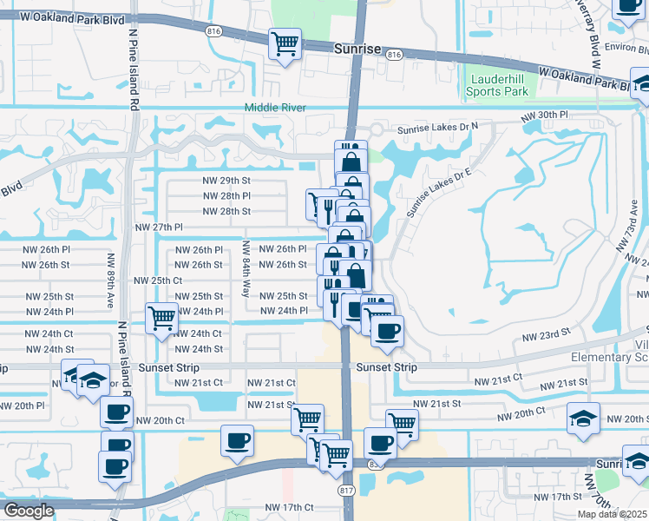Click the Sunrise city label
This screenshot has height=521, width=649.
(357, 49)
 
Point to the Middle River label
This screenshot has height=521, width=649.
(275, 108)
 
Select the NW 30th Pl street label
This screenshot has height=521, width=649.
(544, 115)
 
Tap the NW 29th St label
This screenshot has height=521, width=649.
(226, 181)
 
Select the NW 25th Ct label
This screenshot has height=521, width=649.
(158, 280)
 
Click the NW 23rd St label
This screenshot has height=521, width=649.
(545, 332)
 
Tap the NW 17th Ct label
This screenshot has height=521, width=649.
(289, 507)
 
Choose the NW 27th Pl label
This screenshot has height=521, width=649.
(158, 227)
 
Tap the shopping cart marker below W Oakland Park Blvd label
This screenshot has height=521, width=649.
(285, 43)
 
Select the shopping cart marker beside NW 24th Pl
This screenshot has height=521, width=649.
(161, 319)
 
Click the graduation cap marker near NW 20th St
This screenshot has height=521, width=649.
(583, 419)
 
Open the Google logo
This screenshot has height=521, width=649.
(29, 511)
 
